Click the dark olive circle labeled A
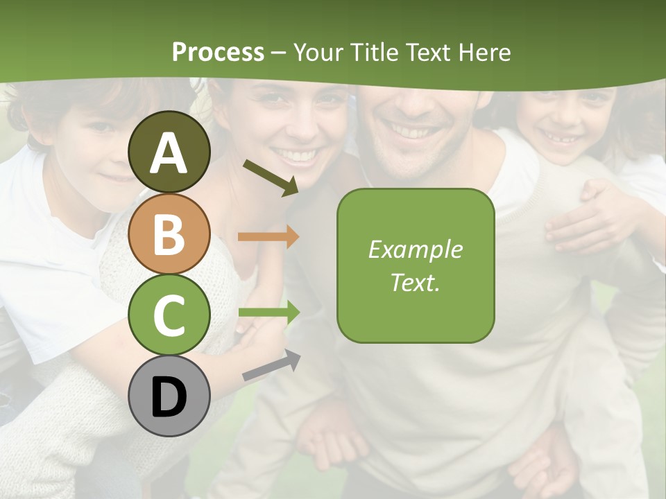click(169, 152)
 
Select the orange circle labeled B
click(169, 234)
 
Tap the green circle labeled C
click(169, 315)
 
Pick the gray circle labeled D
click(169, 396)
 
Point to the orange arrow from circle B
click(268, 237)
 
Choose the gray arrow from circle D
click(271, 365)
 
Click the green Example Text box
click(416, 265)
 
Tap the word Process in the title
click(218, 52)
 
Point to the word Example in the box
click(416, 249)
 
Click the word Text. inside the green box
click(416, 282)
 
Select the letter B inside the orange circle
click(169, 234)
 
